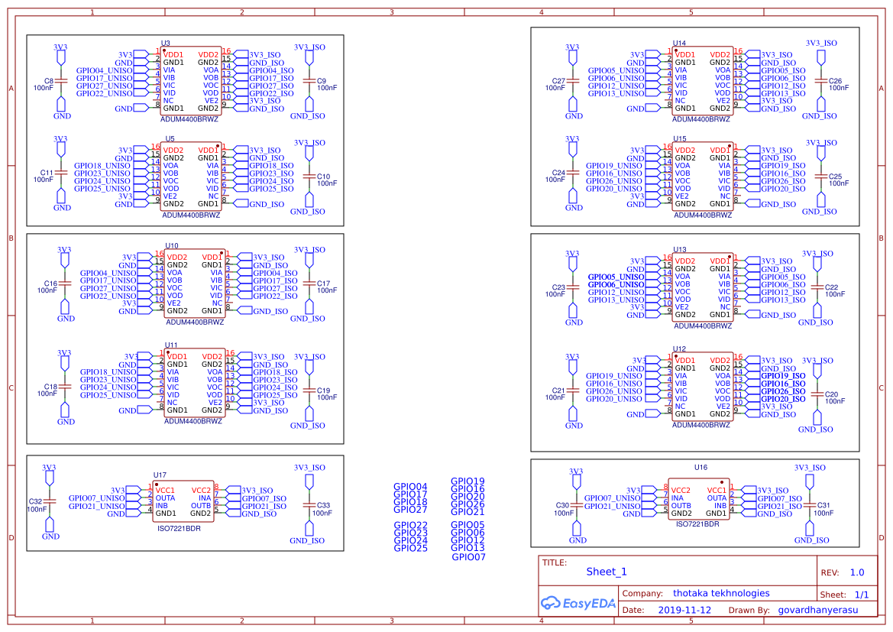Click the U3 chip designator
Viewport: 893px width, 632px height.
(x=166, y=44)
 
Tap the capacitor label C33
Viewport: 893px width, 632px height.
(x=322, y=505)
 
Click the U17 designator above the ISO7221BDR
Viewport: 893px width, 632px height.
(x=160, y=475)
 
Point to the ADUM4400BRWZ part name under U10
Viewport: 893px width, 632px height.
(x=195, y=322)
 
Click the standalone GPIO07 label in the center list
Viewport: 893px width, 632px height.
(x=468, y=557)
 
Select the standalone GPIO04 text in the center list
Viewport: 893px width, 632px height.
(x=410, y=487)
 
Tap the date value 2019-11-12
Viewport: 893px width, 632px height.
(x=684, y=610)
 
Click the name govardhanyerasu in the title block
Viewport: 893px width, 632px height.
(x=817, y=610)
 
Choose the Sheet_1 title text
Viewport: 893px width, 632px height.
(x=607, y=572)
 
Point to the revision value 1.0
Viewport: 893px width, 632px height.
(x=856, y=572)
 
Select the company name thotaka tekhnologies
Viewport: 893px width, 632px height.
(x=720, y=593)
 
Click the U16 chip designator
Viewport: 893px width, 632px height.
(x=700, y=467)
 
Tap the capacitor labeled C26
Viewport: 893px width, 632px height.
(x=835, y=81)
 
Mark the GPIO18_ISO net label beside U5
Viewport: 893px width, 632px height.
(x=271, y=166)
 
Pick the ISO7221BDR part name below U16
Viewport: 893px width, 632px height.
(x=697, y=524)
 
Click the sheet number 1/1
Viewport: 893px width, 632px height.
(x=861, y=594)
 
